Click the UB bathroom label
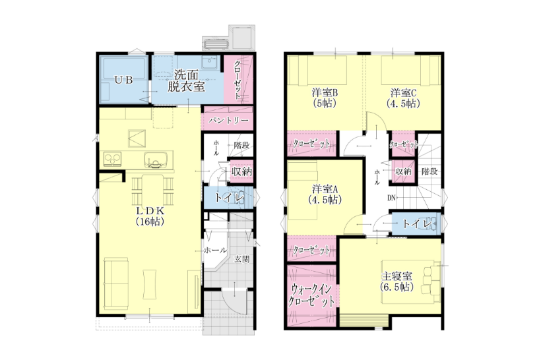point(123,80)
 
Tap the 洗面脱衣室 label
point(186,80)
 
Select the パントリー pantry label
point(228,121)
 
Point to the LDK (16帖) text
point(150,216)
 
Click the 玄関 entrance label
point(242,259)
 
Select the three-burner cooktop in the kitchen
point(112,160)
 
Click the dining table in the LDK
point(152,189)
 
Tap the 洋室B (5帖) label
point(325,98)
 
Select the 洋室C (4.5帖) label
point(403,98)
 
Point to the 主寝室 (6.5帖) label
point(397,282)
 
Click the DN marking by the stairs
point(391,198)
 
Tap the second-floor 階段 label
point(430,171)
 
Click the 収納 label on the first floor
point(242,171)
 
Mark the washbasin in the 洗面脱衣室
point(209,63)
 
